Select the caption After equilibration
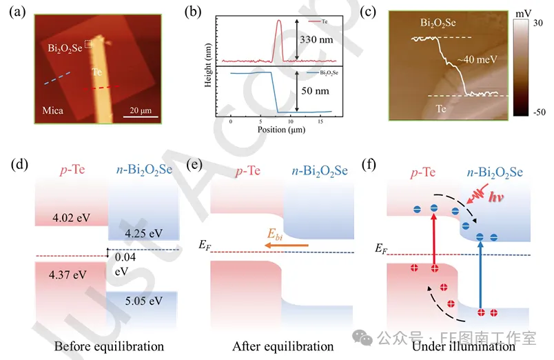coord(283,346)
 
